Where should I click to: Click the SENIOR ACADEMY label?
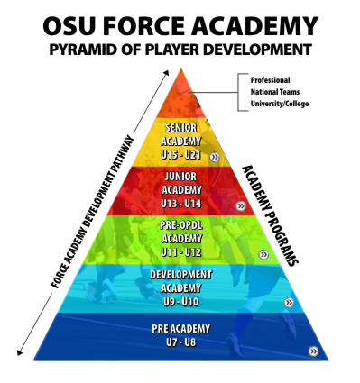tap(180, 135)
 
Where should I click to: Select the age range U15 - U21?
tap(180, 154)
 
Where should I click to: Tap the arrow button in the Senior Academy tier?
tap(214, 157)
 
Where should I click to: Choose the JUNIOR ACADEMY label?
tap(180, 182)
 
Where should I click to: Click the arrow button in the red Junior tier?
tap(240, 205)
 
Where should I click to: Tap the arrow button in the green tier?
tap(263, 255)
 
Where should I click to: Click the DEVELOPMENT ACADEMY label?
tap(180, 281)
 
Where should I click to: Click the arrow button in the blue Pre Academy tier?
tap(312, 351)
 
